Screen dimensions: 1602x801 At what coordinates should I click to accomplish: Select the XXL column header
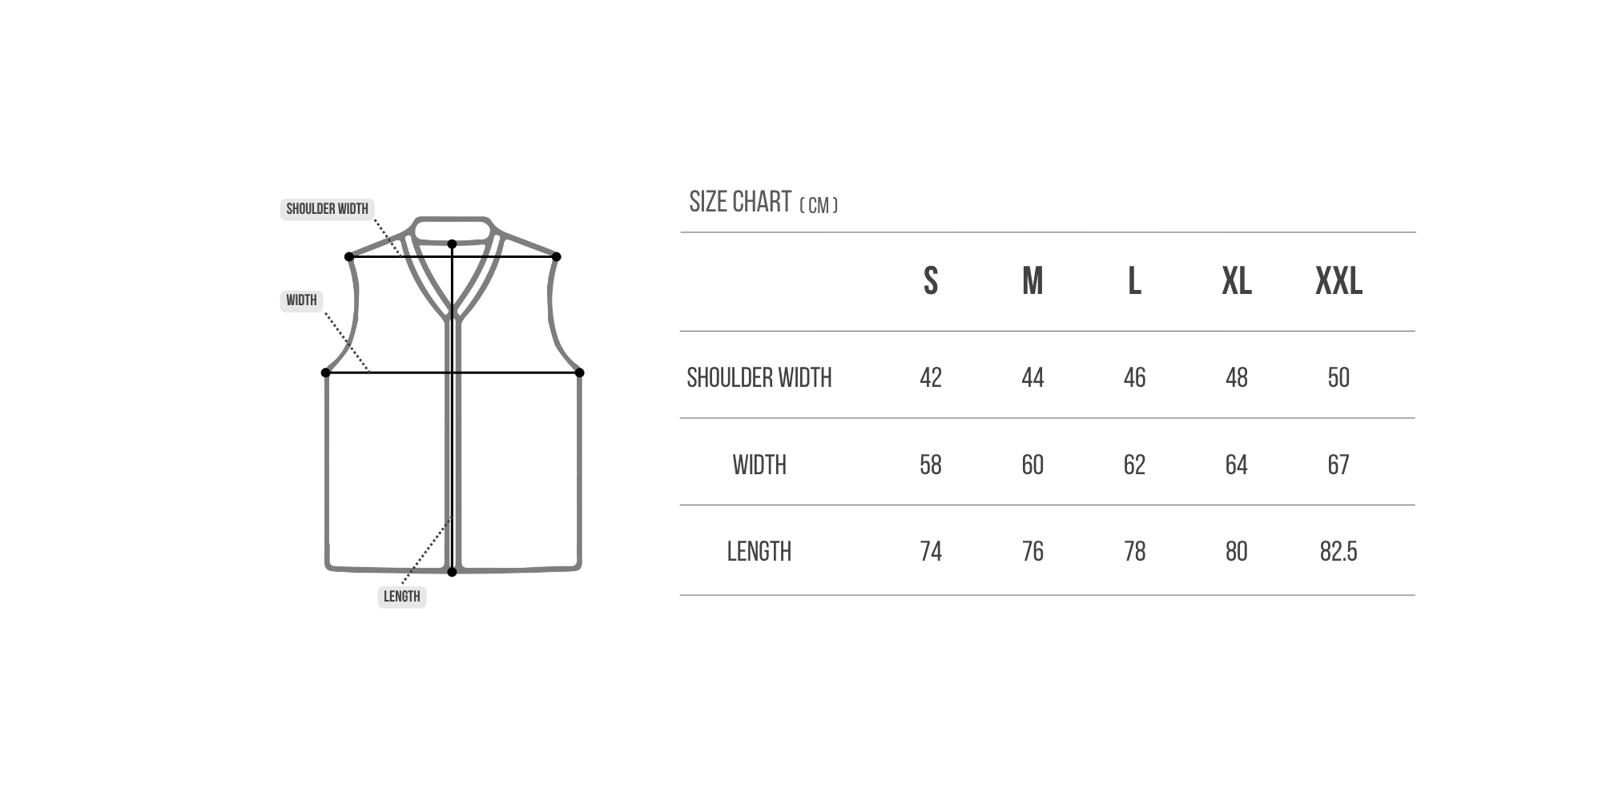(x=1338, y=281)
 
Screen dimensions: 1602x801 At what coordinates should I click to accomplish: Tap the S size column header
(x=931, y=281)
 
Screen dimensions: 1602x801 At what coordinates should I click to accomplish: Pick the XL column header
(x=1237, y=281)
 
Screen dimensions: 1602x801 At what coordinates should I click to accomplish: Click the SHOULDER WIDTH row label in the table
(x=759, y=377)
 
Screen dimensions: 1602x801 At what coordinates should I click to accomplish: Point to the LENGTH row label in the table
(x=759, y=551)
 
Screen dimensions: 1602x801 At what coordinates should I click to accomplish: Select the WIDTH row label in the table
(x=759, y=465)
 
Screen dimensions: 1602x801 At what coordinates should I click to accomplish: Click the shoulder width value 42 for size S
(x=931, y=377)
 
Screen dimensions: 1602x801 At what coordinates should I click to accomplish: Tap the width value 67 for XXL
(x=1338, y=465)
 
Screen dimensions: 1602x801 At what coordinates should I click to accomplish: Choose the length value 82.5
(x=1338, y=551)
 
